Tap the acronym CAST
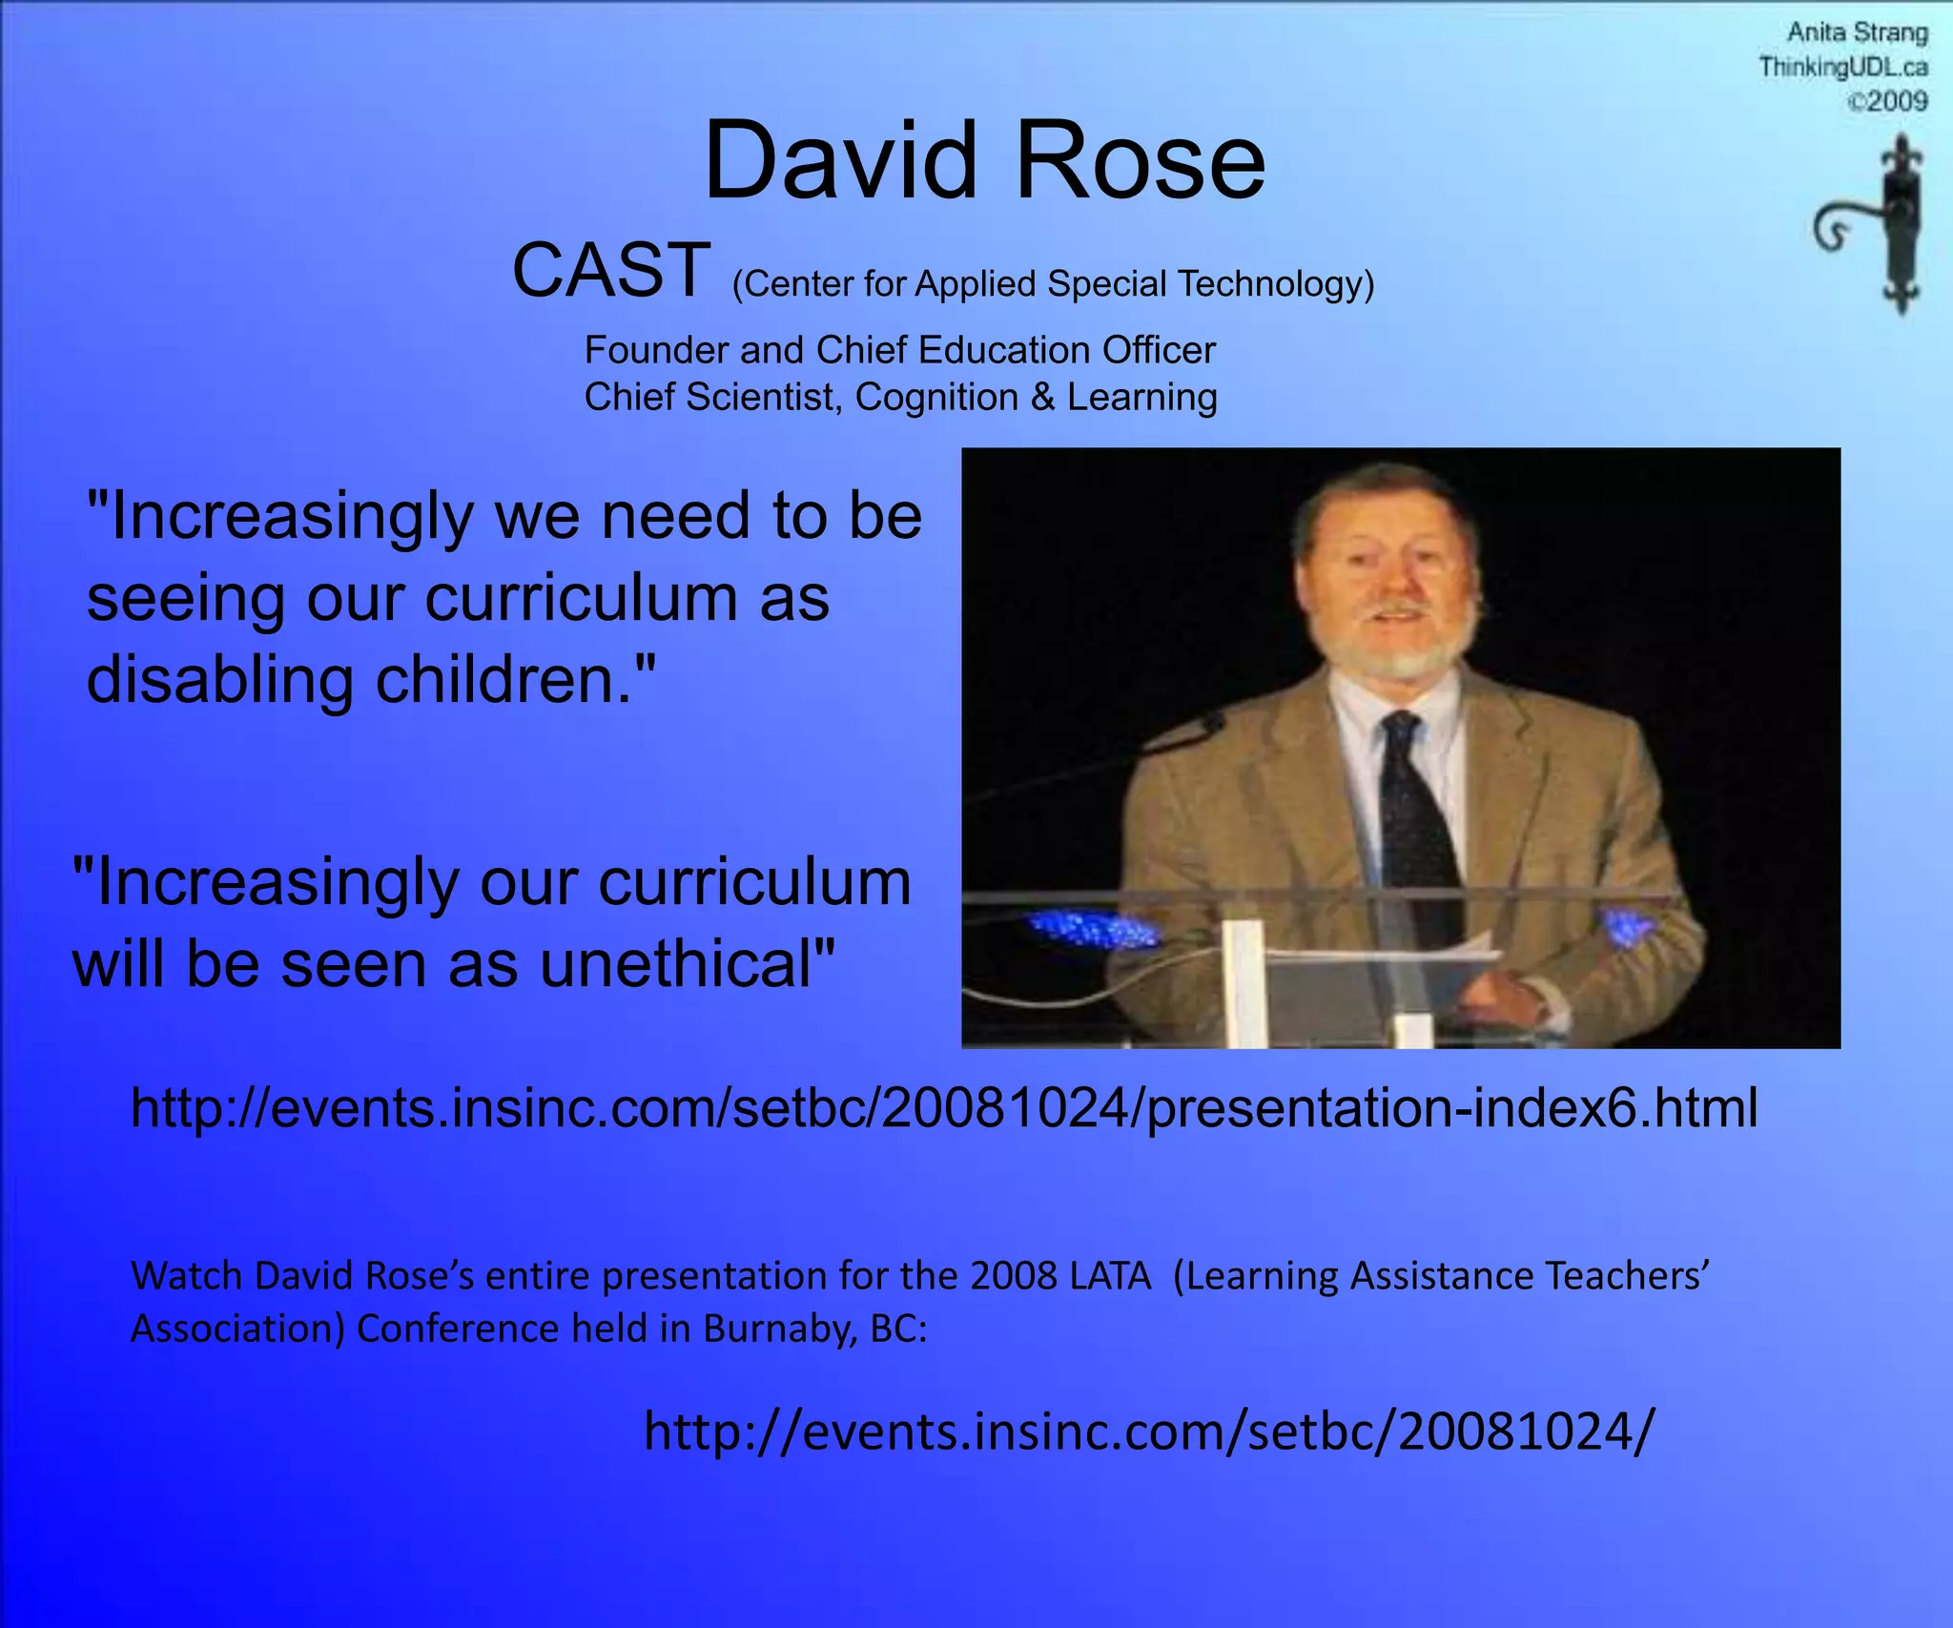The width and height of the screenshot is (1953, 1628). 611,270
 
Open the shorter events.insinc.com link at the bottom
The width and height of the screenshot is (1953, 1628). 1149,1432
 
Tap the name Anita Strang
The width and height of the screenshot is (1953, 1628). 1857,33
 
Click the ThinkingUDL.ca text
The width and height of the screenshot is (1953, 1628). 1843,68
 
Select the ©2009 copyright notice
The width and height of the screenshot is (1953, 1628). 1887,101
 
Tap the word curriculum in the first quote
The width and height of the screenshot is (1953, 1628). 581,599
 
